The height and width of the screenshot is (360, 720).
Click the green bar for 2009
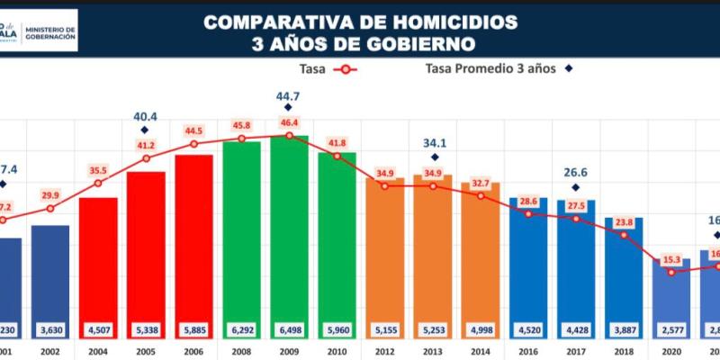coord(289,234)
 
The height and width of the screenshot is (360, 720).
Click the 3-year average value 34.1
coord(433,142)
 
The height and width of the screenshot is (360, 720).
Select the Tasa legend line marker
coord(344,67)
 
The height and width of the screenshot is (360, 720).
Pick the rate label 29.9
coord(50,195)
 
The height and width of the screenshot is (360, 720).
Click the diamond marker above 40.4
coord(146,130)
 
